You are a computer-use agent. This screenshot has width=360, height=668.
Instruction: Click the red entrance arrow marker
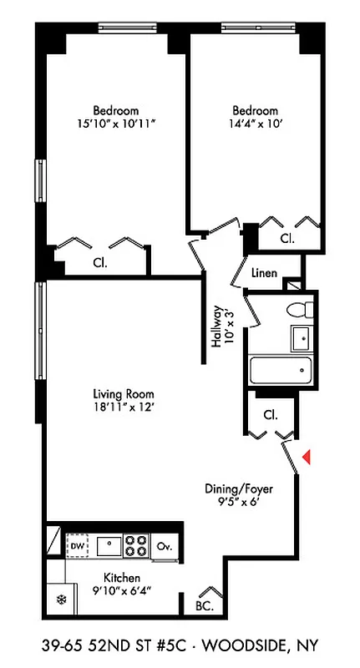(x=307, y=457)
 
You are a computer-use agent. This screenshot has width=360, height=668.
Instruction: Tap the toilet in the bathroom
(x=298, y=310)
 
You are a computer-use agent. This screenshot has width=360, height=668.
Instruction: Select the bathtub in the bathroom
(x=281, y=367)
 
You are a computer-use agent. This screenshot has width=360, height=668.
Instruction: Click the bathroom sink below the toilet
(x=300, y=337)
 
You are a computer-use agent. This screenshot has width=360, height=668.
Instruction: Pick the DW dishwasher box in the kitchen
(x=78, y=545)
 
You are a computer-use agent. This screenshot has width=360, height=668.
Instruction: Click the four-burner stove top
(x=135, y=547)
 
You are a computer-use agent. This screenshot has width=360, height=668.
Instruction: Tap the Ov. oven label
(x=165, y=547)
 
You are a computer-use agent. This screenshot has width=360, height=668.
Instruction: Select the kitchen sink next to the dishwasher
(x=108, y=546)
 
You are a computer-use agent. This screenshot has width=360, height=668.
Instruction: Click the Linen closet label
(x=264, y=273)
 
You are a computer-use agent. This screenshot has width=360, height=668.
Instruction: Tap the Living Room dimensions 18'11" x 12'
(x=123, y=408)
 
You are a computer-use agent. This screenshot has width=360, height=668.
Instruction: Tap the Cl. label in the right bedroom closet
(x=286, y=238)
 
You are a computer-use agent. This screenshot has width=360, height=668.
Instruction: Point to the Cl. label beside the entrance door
(x=269, y=414)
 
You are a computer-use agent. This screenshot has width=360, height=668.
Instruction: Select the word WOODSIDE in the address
(x=249, y=645)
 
